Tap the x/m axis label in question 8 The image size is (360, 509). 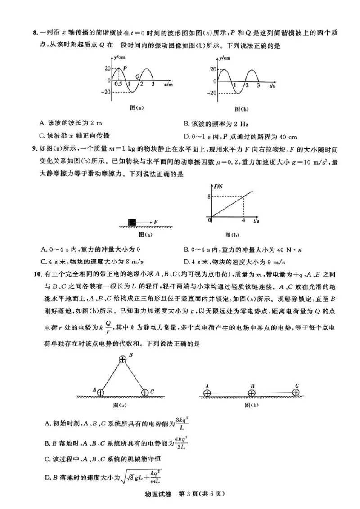coord(168,84)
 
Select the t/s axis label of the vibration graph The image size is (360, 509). coord(273,85)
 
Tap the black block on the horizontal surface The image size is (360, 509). coord(132,222)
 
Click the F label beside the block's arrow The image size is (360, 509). coord(155,222)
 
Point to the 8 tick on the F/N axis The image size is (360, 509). coord(209,196)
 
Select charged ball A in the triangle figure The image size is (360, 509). coord(100,393)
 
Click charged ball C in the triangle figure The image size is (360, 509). coord(145,393)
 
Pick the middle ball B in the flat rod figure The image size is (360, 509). coord(252,393)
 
